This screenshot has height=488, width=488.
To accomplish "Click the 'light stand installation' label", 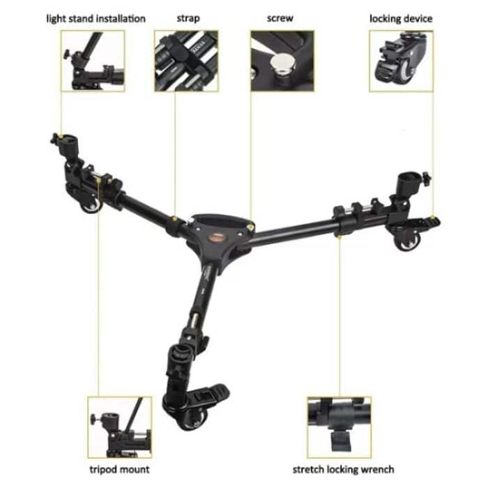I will click(x=96, y=18).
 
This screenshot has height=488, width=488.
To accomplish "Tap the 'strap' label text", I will click(x=188, y=18).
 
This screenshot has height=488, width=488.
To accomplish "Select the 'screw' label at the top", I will click(x=280, y=18).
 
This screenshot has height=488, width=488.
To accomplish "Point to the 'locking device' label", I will click(x=402, y=18).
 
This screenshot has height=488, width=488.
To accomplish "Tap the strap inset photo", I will click(x=186, y=61).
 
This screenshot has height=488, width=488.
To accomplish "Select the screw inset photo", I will click(x=282, y=61).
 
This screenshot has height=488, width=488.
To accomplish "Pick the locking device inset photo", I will click(x=401, y=61).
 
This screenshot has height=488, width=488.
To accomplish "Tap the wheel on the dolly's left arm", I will click(x=89, y=207).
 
